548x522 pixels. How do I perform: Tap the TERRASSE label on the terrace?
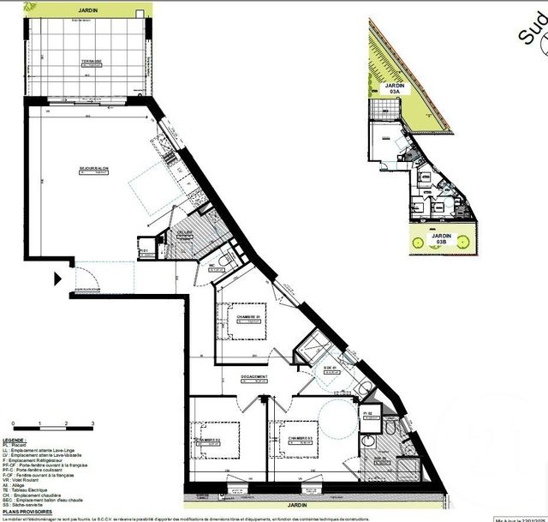click(x=86, y=62)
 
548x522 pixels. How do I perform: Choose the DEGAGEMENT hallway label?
click(x=254, y=377)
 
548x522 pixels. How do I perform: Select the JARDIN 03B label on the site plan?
click(x=443, y=239)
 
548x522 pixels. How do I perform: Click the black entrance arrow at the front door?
click(x=57, y=279)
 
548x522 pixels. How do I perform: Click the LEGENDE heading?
click(x=19, y=439)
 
